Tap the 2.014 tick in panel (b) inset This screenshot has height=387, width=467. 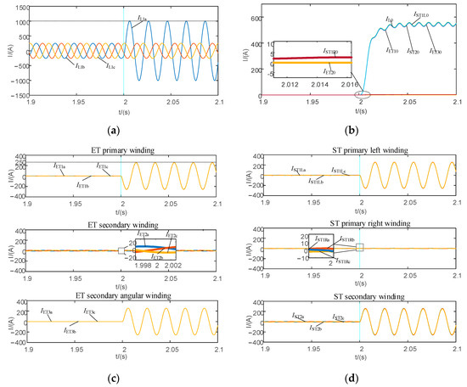(313, 85)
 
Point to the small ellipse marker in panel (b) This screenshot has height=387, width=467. (362, 93)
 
